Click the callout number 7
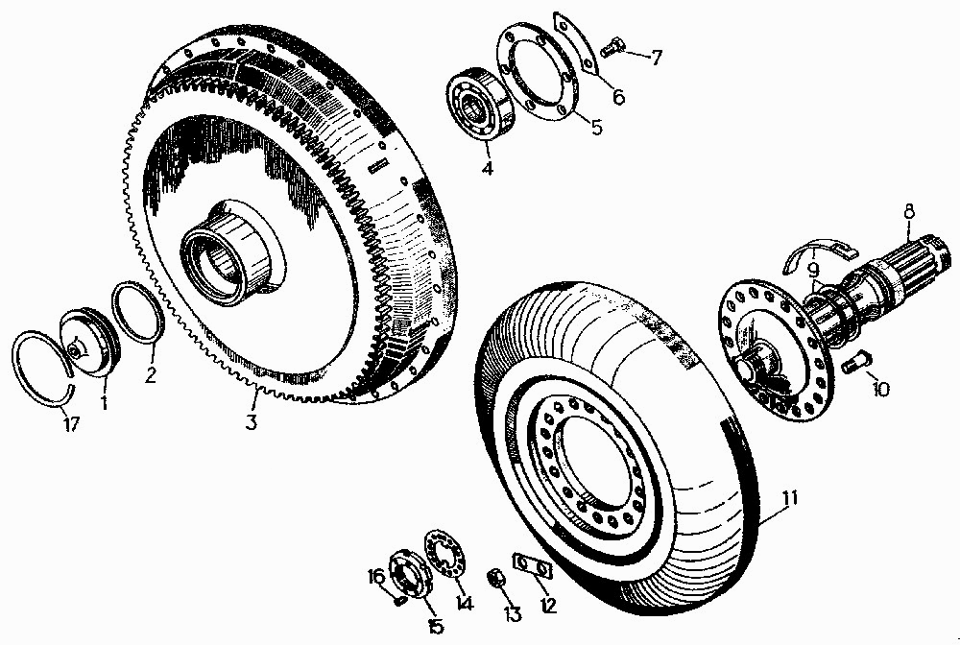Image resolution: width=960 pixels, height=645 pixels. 656,58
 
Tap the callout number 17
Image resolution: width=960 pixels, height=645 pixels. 71,423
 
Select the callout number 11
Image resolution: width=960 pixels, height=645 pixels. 790,498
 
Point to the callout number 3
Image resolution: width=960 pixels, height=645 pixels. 251,421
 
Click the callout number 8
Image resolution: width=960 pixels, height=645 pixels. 908,212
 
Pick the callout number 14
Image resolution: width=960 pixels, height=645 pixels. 465,604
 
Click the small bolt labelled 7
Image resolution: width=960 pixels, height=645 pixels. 611,48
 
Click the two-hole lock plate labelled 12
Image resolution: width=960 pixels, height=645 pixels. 532,566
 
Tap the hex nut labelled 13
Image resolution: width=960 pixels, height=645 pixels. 496,579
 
